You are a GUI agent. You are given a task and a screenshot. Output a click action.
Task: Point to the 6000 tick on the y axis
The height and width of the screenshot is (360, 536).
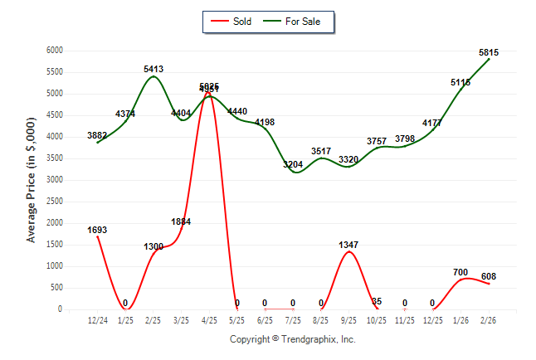[54, 51]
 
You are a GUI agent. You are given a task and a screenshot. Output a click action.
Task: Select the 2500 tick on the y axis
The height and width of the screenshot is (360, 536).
[54, 202]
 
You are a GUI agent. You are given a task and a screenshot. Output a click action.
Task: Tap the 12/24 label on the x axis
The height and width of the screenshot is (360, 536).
[97, 321]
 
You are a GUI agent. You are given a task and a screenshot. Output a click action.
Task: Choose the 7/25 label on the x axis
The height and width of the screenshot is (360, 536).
[293, 321]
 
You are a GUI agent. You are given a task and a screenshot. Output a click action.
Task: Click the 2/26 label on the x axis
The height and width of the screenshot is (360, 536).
[489, 321]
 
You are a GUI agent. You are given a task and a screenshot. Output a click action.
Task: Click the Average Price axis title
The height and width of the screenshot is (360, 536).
[32, 180]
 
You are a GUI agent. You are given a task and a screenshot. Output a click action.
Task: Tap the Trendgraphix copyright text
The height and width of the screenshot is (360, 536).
[292, 339]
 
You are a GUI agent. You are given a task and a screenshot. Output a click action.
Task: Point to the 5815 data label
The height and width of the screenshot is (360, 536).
[490, 52]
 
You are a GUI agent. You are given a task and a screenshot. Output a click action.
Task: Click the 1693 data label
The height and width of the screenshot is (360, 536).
[97, 230]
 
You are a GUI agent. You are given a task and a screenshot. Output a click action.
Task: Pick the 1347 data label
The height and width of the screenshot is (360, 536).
[349, 245]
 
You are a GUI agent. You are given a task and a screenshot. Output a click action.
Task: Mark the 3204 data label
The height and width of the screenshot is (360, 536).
[293, 164]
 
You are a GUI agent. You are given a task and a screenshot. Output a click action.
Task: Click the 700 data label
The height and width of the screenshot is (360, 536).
[461, 272]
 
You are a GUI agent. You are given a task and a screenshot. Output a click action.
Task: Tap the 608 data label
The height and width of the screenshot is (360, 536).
[489, 276]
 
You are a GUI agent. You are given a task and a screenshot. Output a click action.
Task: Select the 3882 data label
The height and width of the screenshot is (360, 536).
[97, 135]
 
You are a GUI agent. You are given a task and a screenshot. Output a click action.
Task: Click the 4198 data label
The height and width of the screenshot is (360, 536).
[265, 122]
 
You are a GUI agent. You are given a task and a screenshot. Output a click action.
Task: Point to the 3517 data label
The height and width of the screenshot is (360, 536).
[321, 151]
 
